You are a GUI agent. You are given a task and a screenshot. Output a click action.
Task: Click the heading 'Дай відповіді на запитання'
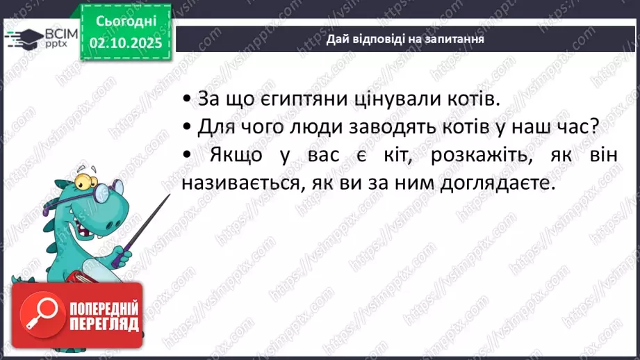(405, 39)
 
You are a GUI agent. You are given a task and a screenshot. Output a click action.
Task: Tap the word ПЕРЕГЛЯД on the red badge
(104, 323)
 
